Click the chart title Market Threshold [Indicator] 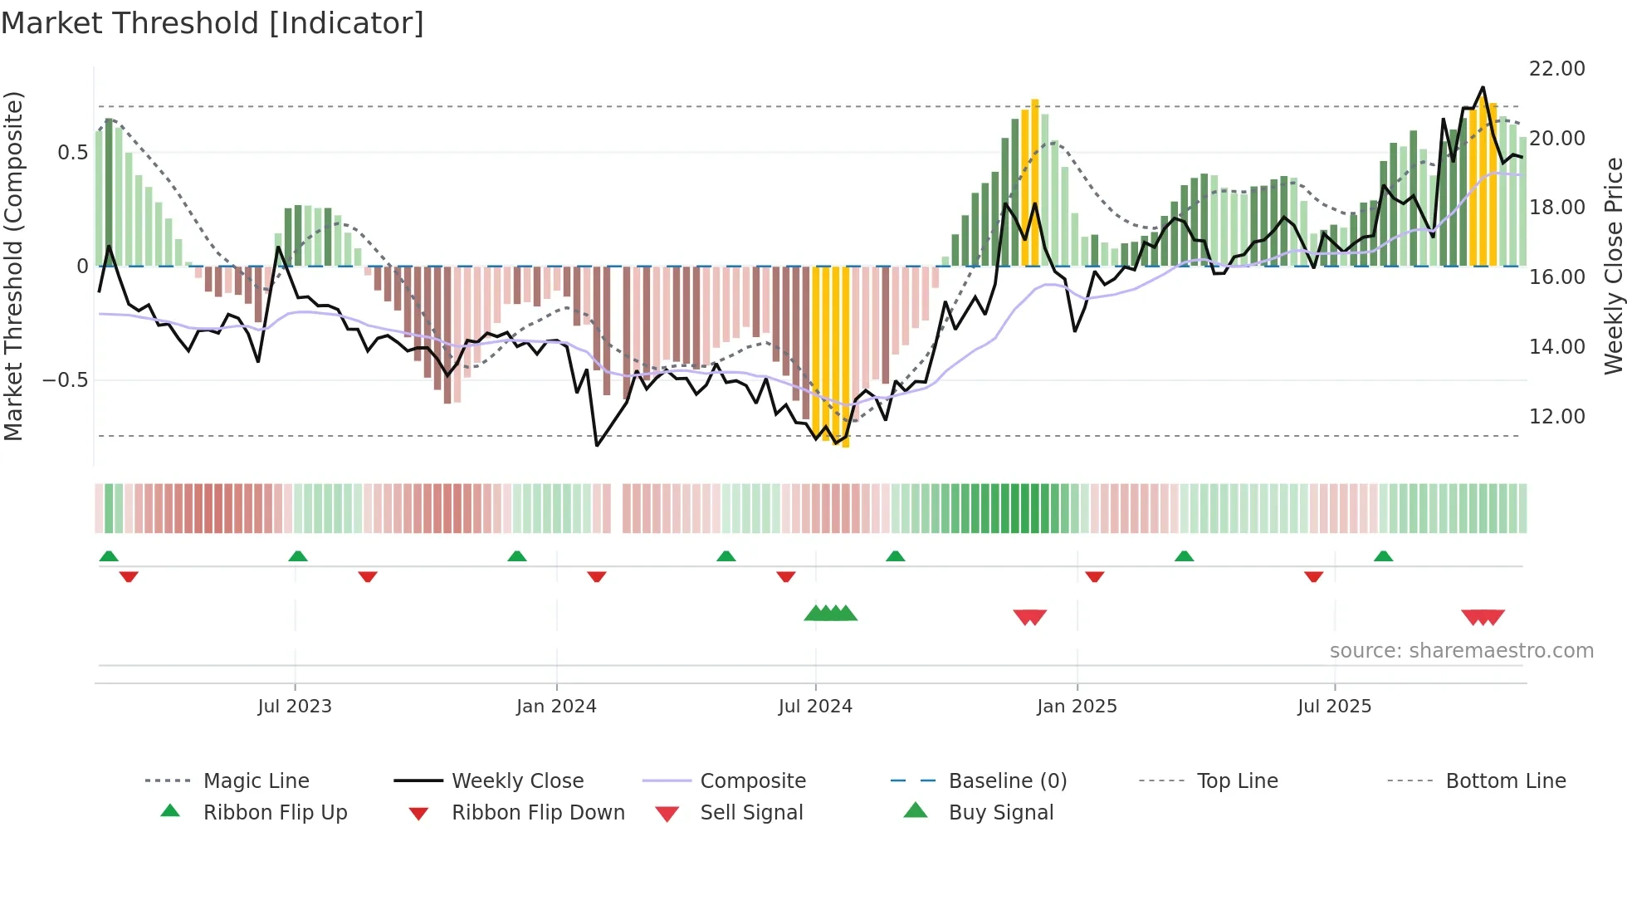click(x=213, y=23)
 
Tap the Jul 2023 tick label click(x=295, y=707)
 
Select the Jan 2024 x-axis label click(x=556, y=707)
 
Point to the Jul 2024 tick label click(x=815, y=707)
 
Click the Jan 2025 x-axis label click(x=1077, y=707)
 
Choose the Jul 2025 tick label click(x=1334, y=707)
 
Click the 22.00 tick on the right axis click(x=1556, y=69)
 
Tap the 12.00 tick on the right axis click(x=1556, y=417)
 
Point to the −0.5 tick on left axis click(x=65, y=380)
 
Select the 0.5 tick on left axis click(x=72, y=153)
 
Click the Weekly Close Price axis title click(x=1613, y=266)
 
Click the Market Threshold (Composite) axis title click(x=13, y=266)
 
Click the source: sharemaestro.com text click(x=1461, y=651)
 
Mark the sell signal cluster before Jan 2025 click(x=1030, y=617)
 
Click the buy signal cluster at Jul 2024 click(x=831, y=614)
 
